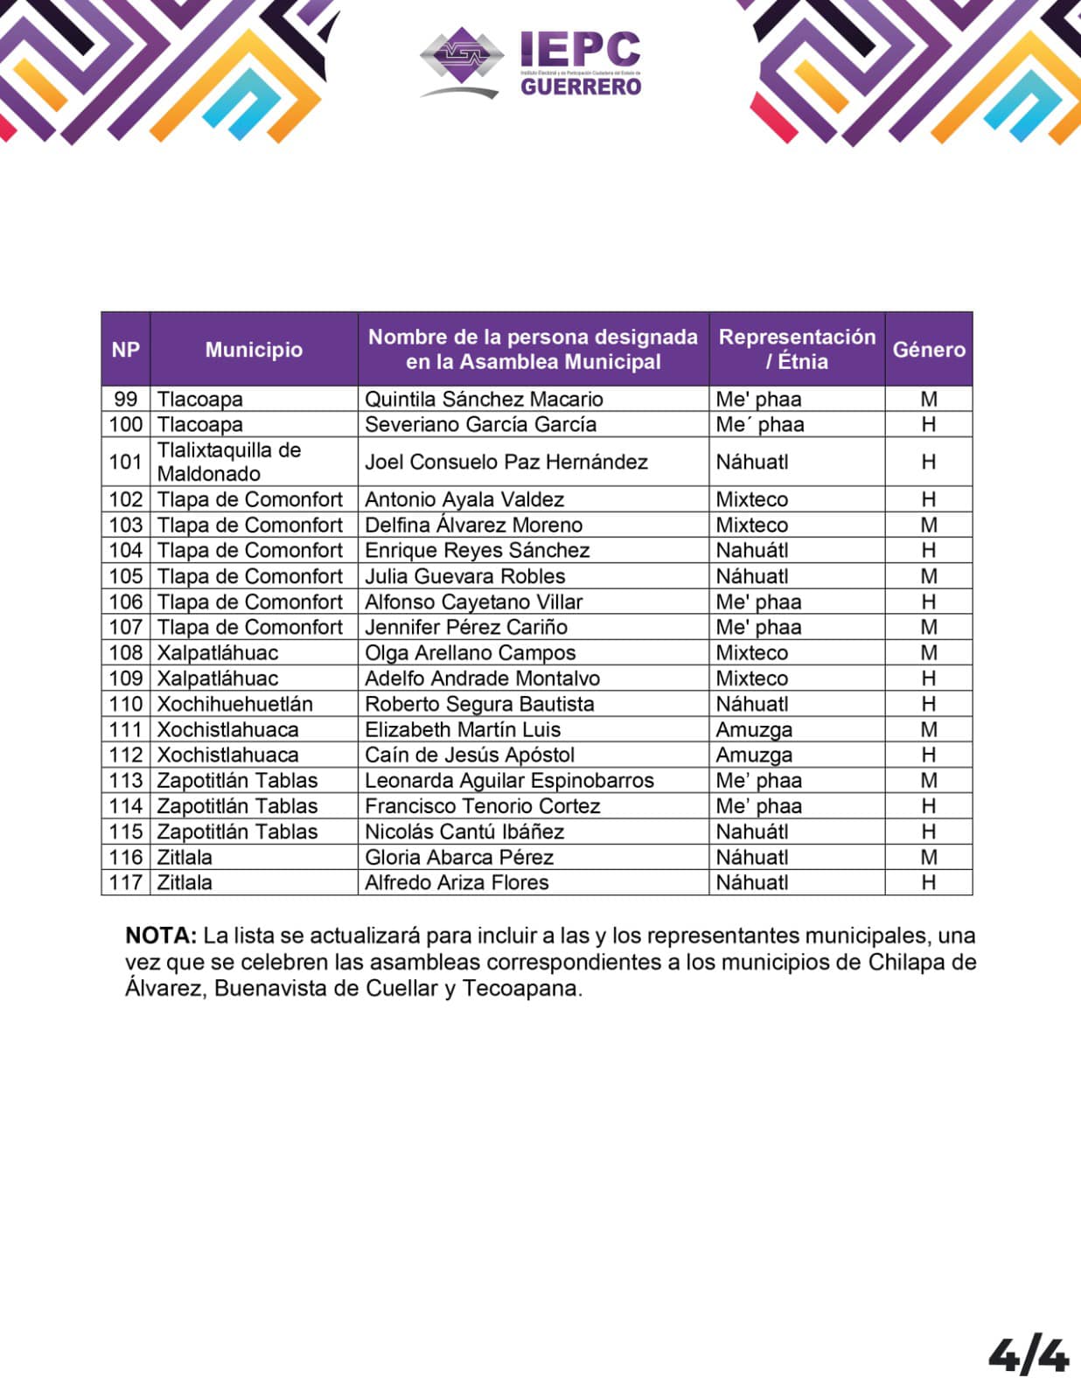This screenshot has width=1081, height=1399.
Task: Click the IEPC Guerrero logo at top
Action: click(531, 62)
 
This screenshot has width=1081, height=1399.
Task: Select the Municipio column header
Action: click(254, 350)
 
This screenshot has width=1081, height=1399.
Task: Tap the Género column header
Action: click(929, 350)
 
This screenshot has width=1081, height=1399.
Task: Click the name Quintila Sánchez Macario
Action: click(484, 400)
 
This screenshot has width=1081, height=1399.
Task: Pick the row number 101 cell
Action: click(126, 462)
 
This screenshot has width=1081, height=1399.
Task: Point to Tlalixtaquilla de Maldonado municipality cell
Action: click(229, 462)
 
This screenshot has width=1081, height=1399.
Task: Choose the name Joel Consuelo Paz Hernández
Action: click(506, 462)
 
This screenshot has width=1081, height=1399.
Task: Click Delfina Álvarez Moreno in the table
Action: click(473, 525)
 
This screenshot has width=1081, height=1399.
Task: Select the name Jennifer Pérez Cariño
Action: click(466, 627)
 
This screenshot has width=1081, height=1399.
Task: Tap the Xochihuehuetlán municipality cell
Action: click(234, 704)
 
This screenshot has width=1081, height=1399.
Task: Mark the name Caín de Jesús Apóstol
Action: click(470, 755)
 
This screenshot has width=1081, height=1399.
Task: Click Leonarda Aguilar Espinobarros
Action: click(509, 781)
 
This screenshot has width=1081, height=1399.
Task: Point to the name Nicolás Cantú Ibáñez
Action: click(464, 832)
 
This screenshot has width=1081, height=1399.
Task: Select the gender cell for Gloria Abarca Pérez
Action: click(929, 857)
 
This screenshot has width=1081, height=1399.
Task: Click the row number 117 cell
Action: click(126, 882)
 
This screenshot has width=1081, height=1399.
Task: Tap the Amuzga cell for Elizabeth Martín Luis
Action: click(754, 729)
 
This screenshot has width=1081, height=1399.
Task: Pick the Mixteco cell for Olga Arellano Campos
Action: click(752, 653)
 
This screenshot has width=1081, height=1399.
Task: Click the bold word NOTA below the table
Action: click(161, 936)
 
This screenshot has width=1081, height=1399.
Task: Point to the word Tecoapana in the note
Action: click(521, 989)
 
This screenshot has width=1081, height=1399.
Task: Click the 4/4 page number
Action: click(1029, 1354)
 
